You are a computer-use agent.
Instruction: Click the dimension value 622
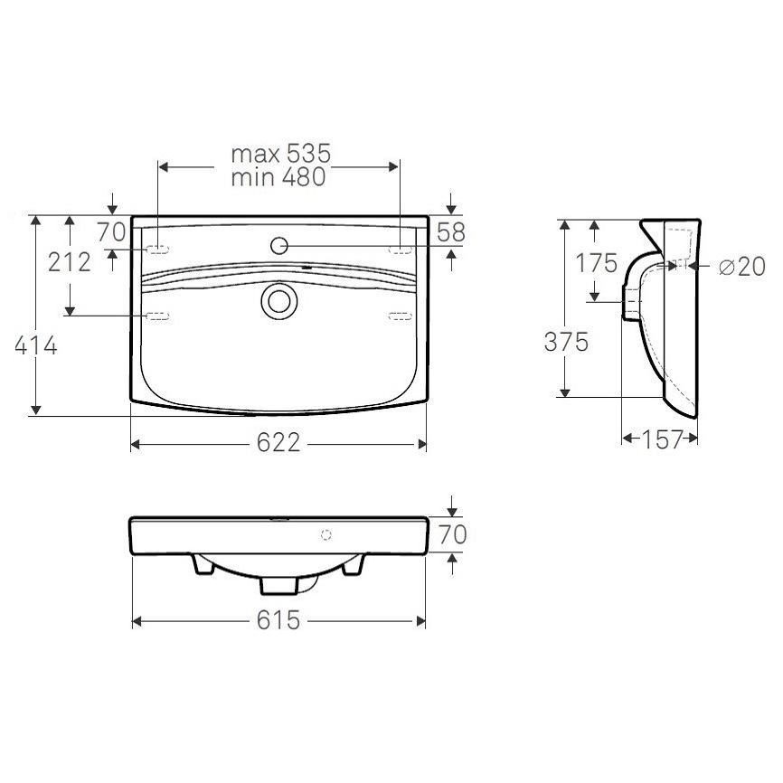[278, 443]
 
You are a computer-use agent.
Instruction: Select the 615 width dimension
[278, 621]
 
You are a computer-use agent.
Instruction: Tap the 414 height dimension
[36, 345]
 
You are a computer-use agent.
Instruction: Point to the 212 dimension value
[70, 262]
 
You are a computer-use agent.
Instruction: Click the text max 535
[280, 154]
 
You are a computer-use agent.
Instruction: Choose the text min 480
[278, 177]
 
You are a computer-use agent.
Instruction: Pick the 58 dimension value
[451, 232]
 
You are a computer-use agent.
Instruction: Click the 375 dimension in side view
[566, 343]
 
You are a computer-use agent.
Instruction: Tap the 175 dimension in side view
[597, 263]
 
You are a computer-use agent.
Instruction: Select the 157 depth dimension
[662, 439]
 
